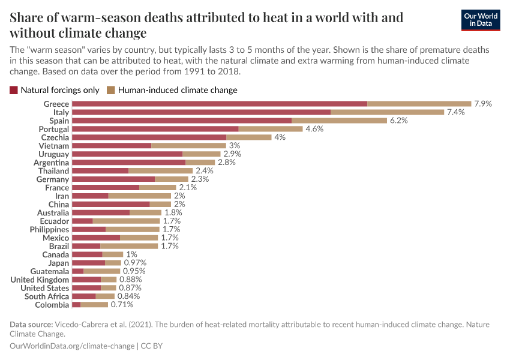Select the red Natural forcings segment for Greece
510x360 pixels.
pos(219,104)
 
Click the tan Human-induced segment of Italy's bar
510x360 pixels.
pos(387,112)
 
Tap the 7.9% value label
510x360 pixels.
pos(482,104)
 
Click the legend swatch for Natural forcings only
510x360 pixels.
pos(14,91)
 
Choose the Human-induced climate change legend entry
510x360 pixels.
pos(178,91)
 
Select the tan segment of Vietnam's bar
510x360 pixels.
pos(188,146)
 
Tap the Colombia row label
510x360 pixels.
pos(52,305)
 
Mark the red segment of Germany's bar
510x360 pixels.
pos(113,179)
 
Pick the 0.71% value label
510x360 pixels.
pos(122,305)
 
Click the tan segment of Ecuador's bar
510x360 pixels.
pos(126,221)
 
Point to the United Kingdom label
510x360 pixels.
pos(40,280)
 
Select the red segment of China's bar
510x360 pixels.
pos(110,205)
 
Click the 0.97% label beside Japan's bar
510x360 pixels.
pos(135,263)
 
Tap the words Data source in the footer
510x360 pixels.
pos(31,325)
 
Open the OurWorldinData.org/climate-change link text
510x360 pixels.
pos(72,346)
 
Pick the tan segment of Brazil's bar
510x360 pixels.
pos(129,246)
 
